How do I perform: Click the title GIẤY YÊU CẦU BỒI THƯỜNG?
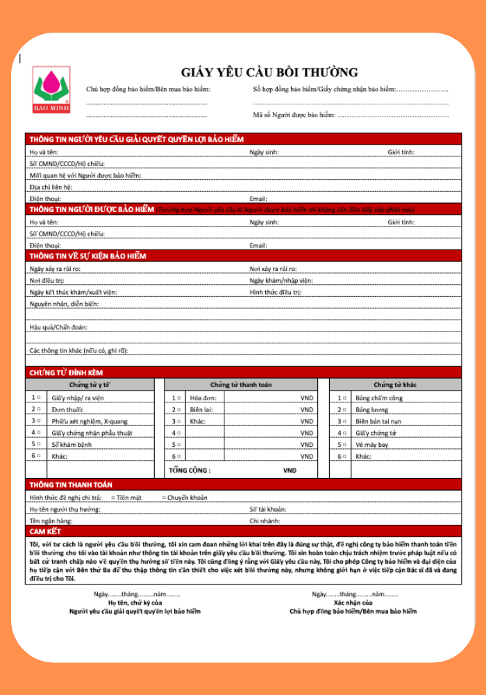[x=269, y=72]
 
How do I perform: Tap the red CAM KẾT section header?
[x=45, y=531]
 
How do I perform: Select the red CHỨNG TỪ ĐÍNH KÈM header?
[x=66, y=373]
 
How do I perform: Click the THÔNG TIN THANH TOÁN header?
[x=71, y=484]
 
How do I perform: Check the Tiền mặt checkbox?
[x=113, y=498]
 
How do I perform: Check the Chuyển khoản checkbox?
[x=164, y=498]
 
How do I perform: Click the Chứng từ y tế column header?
[x=90, y=384]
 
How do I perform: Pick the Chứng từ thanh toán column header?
[x=241, y=384]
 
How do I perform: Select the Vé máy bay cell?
[x=372, y=445]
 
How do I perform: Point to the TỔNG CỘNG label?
[x=190, y=471]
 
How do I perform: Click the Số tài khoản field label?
[x=267, y=509]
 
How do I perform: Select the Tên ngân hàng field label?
[x=51, y=521]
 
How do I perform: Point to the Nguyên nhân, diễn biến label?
[x=64, y=304]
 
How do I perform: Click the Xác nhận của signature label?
[x=353, y=603]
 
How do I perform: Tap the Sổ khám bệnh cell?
[x=72, y=445]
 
